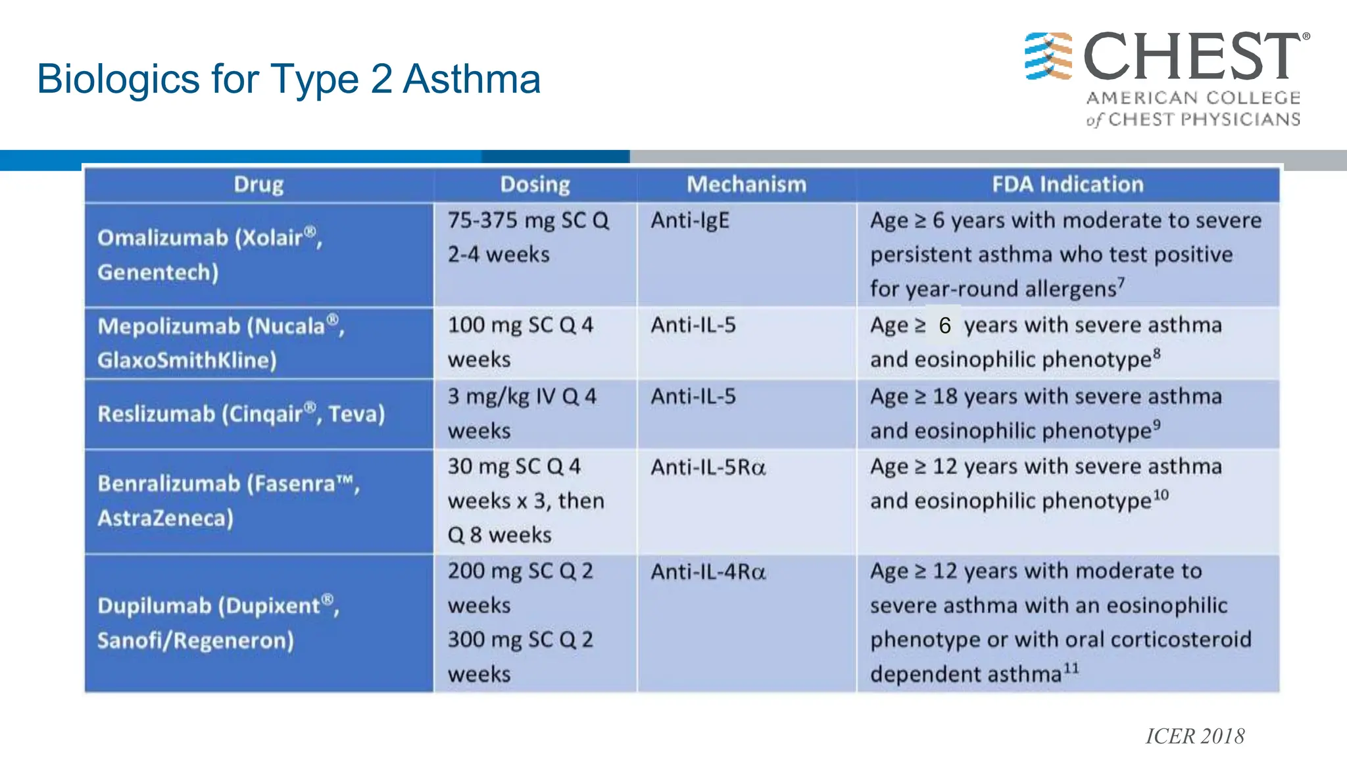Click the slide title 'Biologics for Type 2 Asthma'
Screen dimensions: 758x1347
[289, 79]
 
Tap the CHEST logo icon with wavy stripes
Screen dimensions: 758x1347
[1048, 56]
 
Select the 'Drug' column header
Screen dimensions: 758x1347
[258, 185]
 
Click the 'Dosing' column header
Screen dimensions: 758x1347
[535, 185]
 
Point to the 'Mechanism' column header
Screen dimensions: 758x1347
[747, 185]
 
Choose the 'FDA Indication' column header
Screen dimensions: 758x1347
[1067, 185]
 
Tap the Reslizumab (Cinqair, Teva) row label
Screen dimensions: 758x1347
[241, 414]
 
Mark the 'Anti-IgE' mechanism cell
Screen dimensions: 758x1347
[690, 220]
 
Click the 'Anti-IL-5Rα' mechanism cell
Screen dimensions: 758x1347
[708, 467]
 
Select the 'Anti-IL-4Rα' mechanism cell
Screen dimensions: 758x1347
[708, 572]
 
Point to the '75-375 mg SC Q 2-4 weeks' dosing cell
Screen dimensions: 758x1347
[529, 238]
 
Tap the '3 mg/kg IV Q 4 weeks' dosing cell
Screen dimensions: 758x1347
[522, 413]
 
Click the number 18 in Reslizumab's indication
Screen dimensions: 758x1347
[945, 397]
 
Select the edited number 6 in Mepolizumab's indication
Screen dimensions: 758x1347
[944, 326]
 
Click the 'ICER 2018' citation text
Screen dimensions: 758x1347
[1194, 736]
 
